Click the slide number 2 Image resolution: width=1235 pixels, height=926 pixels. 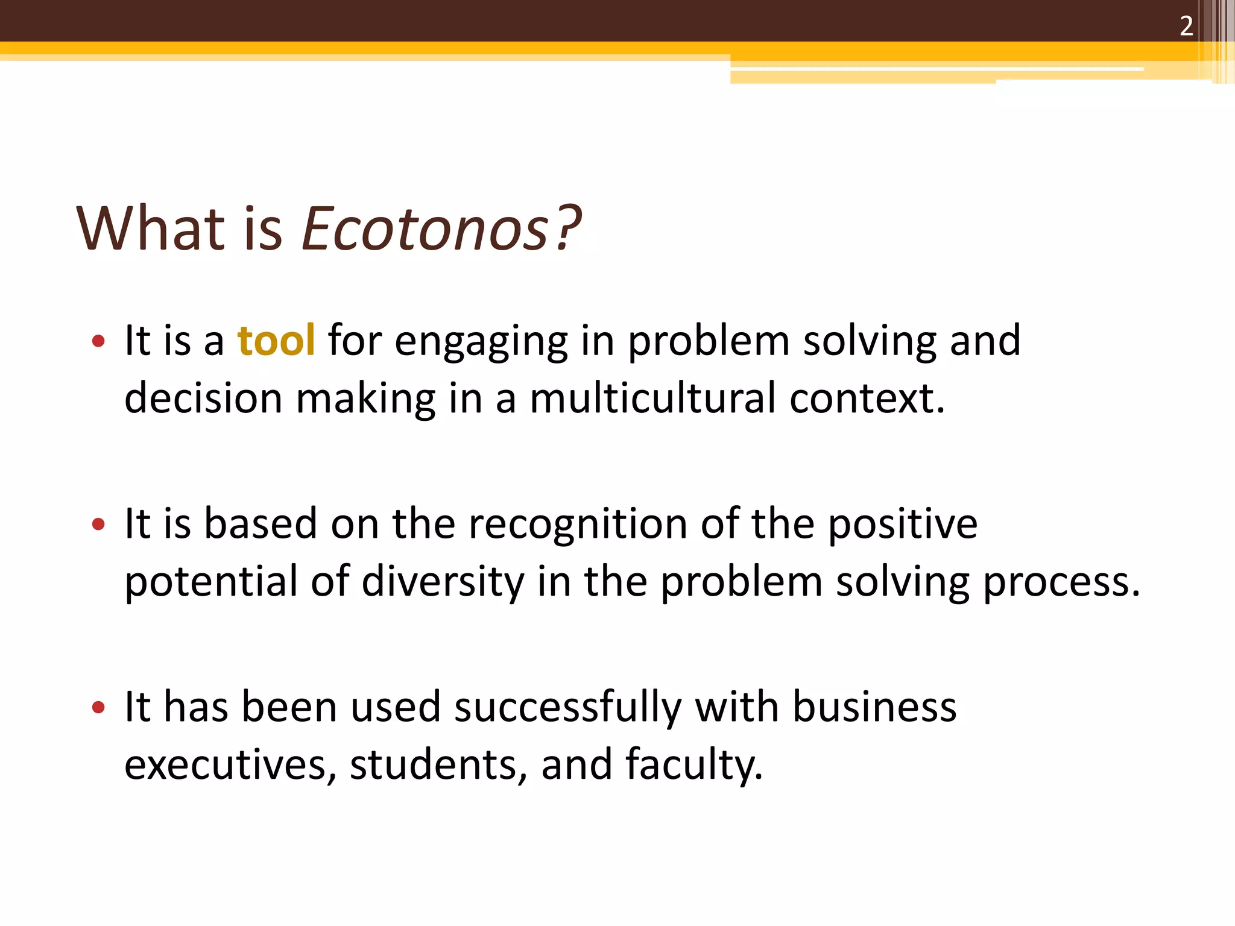[1186, 27]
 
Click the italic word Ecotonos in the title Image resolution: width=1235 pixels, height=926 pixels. [425, 229]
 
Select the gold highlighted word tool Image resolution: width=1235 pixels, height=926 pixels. [276, 341]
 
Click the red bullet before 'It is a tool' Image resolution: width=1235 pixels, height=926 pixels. [98, 342]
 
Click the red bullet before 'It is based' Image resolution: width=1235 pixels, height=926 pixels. [98, 524]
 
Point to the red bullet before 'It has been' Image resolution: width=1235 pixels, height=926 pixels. [98, 707]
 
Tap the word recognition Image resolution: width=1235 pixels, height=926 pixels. [578, 523]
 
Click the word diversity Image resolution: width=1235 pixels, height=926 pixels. [443, 582]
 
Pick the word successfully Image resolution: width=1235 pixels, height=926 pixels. [567, 707]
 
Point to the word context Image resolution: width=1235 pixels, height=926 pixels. [867, 399]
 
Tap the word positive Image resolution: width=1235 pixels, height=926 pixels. [902, 524]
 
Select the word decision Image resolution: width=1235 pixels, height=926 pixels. [203, 399]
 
